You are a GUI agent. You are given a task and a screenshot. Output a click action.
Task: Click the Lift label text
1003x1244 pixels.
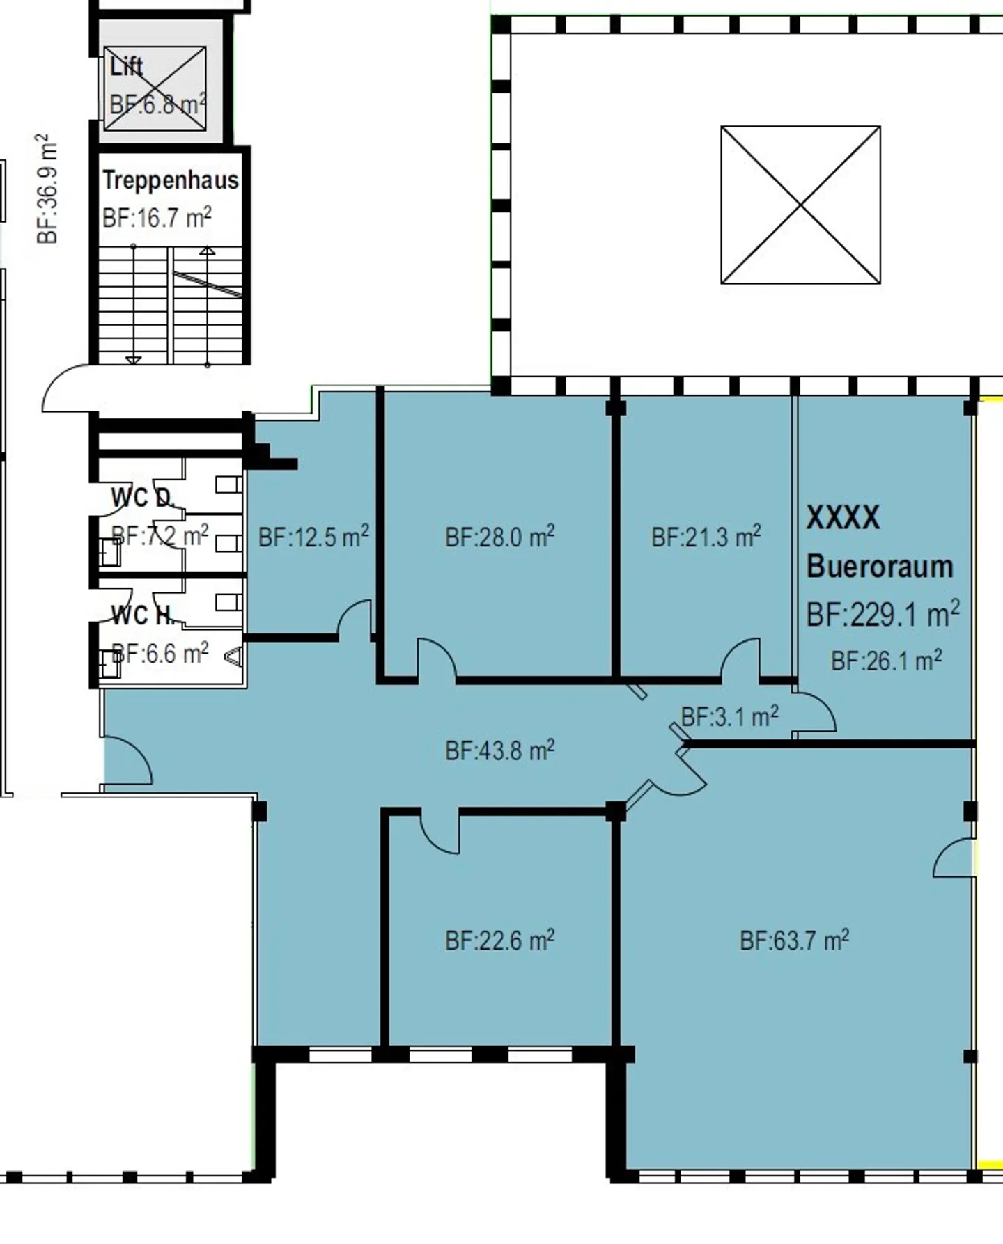coord(126,67)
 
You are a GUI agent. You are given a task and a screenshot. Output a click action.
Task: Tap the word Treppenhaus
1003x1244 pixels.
coord(170,180)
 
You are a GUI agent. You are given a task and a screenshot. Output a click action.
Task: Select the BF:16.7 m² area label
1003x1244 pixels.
coord(157,218)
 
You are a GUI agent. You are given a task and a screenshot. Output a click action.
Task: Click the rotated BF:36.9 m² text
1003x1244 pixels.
coord(47,189)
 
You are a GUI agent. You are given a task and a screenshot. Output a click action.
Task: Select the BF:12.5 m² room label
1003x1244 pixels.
coord(313,537)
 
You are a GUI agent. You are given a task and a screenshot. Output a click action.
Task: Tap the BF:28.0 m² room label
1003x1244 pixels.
coord(499,537)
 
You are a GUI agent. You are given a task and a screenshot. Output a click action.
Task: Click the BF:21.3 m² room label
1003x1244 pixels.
coord(706,537)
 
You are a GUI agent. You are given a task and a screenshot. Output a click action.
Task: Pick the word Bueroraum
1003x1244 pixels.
coord(879,567)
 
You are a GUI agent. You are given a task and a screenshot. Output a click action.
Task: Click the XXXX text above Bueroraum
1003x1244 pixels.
coord(843,517)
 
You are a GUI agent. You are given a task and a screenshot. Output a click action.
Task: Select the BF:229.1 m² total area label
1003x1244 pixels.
coord(883,614)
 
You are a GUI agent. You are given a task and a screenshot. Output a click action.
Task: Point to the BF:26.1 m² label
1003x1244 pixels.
coord(886,660)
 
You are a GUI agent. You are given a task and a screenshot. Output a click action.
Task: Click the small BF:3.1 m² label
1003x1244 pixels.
coord(729,716)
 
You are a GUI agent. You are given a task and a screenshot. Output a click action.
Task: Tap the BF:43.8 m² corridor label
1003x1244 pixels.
coord(499,750)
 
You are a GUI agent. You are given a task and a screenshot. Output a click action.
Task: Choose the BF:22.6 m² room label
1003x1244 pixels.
coord(499,940)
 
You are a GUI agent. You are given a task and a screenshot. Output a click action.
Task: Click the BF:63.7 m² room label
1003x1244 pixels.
coord(794,940)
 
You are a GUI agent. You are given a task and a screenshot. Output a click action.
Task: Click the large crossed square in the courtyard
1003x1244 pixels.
coord(800,205)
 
